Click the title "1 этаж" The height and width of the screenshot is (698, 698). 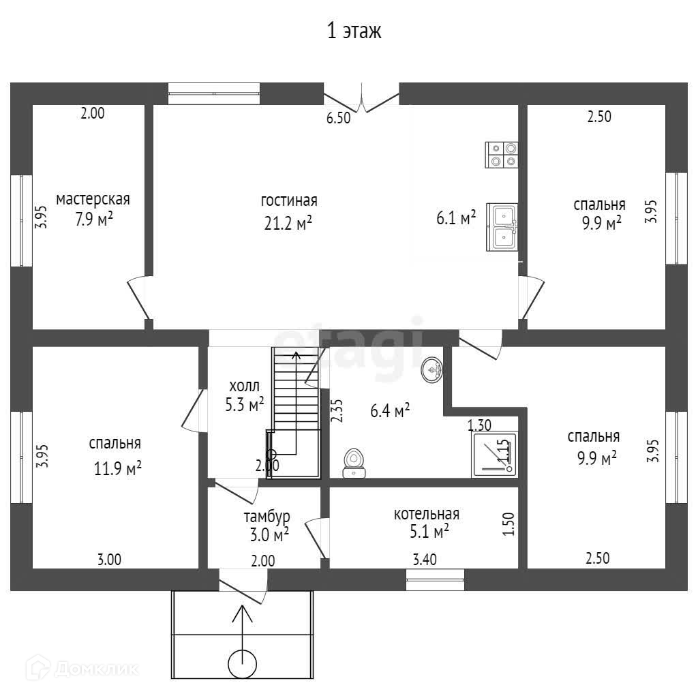point(354,31)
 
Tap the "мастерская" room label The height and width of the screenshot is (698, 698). point(93,200)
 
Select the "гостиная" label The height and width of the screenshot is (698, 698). point(289,200)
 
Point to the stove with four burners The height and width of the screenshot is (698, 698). point(502,155)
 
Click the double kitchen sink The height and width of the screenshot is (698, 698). point(502,227)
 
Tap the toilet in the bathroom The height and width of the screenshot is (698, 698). point(354,461)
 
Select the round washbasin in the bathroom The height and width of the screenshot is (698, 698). point(431,369)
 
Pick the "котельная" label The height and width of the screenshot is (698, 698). point(426,514)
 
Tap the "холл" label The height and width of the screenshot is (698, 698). point(244,385)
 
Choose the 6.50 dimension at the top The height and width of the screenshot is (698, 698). point(338,118)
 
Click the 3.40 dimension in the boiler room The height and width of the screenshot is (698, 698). point(426,560)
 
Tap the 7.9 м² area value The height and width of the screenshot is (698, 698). point(94,221)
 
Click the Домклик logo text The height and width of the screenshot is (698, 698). point(95,669)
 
